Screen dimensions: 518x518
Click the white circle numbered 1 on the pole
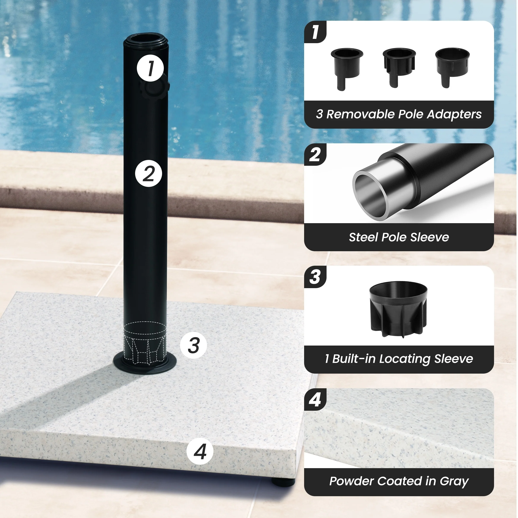click(150, 68)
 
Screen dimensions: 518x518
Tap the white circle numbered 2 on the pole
click(148, 174)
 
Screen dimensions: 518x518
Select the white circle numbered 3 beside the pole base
click(193, 345)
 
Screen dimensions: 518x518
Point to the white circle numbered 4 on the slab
click(200, 451)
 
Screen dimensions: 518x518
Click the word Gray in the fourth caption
click(454, 482)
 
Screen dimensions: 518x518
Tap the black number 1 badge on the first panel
click(315, 32)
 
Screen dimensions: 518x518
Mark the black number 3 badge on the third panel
click(315, 277)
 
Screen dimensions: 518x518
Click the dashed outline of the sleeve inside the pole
click(145, 343)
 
